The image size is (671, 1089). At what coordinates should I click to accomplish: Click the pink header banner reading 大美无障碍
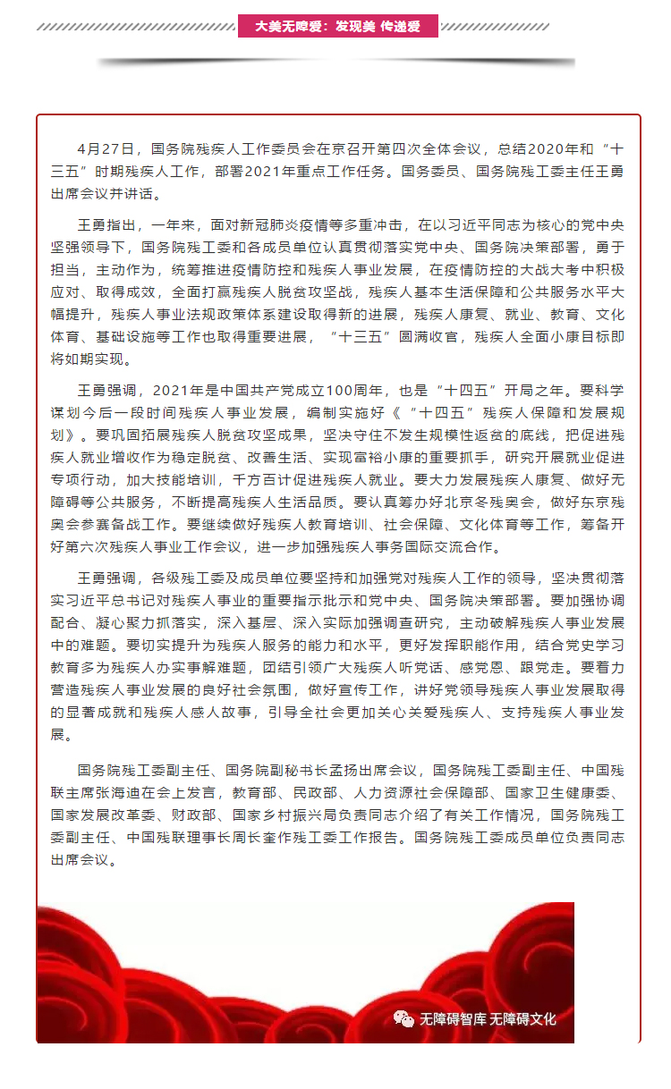coord(337,27)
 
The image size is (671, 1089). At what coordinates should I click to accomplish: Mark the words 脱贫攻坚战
coord(311,291)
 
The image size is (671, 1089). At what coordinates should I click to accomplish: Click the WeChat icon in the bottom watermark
coord(405,1018)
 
